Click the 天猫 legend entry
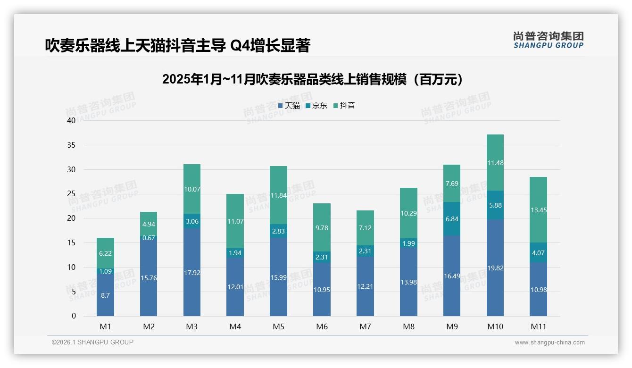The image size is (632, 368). click(x=289, y=106)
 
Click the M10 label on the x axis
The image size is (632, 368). click(x=495, y=326)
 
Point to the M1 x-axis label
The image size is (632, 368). click(x=105, y=326)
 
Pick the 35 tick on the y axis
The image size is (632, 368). click(x=71, y=145)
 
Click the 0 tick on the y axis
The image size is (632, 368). click(x=74, y=316)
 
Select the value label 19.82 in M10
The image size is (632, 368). click(x=495, y=268)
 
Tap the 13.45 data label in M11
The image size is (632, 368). click(x=538, y=210)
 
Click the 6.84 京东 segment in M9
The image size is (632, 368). click(x=452, y=219)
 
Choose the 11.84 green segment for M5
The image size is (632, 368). click(x=278, y=195)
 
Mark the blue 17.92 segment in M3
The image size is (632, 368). click(x=191, y=272)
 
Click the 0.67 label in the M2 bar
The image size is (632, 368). click(x=149, y=238)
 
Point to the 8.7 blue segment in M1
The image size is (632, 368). click(x=105, y=295)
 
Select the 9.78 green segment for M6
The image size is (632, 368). click(x=322, y=228)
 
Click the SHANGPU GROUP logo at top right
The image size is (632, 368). click(x=548, y=40)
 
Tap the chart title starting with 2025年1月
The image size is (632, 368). click(x=312, y=79)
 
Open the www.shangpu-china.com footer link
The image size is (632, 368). click(x=549, y=343)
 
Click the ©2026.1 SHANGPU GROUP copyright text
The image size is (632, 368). click(x=92, y=342)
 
